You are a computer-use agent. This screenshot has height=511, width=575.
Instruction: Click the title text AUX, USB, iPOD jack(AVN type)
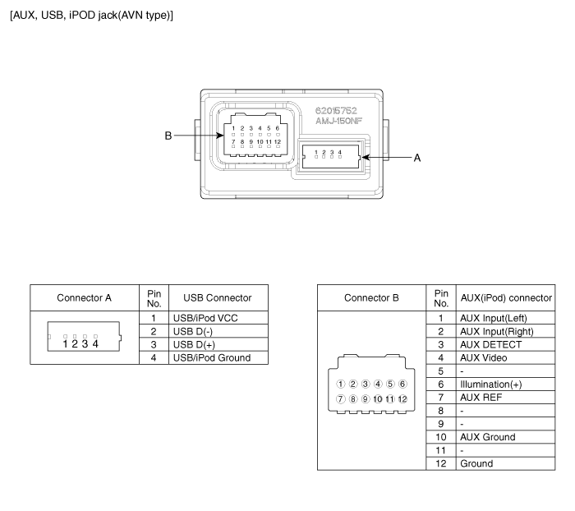tap(91, 16)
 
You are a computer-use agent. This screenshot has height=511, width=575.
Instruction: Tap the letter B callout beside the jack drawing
tap(168, 136)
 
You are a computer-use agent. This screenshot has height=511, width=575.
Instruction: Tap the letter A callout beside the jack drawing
tap(417, 158)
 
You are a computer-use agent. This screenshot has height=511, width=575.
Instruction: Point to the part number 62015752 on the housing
tap(336, 110)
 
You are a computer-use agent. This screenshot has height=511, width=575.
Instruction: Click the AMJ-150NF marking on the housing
tap(338, 121)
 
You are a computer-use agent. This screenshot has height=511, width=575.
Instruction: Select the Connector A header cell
tap(84, 298)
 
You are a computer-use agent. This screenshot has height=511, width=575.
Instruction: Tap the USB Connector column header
tap(218, 298)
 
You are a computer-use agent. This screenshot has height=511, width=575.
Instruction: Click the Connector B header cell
tap(371, 298)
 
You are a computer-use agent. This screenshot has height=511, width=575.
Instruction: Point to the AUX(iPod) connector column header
tap(506, 298)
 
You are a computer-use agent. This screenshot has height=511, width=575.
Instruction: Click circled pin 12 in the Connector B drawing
tap(402, 399)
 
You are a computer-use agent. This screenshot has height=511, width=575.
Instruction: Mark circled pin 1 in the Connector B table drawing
tap(341, 384)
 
